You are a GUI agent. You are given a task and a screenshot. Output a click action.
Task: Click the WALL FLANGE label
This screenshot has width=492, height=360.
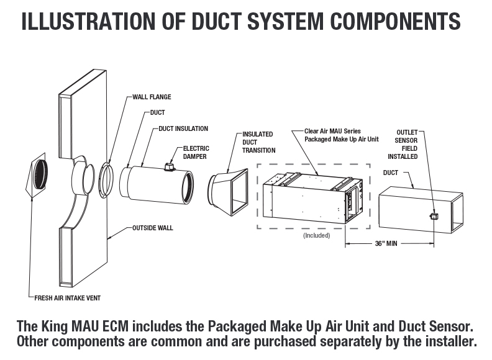[x=152, y=97]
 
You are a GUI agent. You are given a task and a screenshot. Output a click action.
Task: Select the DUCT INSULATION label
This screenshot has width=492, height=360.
[x=183, y=128]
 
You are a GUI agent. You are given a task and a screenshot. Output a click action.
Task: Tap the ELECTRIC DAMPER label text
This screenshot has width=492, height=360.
[x=196, y=152]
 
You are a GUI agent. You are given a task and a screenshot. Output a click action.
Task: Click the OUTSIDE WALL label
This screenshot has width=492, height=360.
[x=153, y=228]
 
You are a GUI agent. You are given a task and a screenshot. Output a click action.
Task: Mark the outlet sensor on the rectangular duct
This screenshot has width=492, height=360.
[x=433, y=216]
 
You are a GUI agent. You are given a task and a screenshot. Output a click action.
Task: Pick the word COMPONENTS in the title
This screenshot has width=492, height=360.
[x=395, y=22]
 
